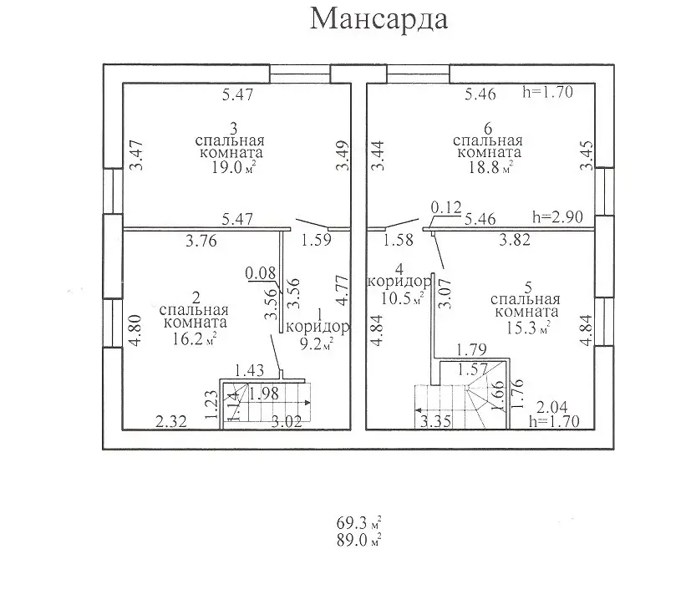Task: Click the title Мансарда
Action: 379,19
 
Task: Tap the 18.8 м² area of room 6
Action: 487,168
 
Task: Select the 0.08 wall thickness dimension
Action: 260,272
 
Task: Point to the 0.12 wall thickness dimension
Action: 446,206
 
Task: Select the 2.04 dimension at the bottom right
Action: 551,407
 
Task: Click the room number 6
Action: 487,127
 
